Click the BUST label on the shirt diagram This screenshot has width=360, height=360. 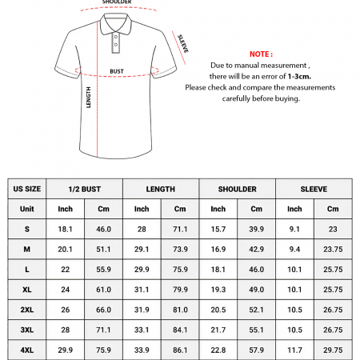pos(117,71)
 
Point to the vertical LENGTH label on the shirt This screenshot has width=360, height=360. pos(89,97)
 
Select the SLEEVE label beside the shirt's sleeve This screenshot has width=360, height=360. pos(183,43)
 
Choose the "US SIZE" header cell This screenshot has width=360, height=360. pos(27,190)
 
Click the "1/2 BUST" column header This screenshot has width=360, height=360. pos(84,190)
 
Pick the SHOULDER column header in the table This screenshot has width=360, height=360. pos(238,190)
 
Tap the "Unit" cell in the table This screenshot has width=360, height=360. pos(27,210)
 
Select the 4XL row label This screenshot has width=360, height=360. pos(27,350)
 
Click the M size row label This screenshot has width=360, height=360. pos(27,249)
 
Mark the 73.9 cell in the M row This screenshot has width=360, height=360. pos(180,249)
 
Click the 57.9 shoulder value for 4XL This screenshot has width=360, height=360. pos(256,350)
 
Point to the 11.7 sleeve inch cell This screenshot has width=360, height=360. pos(294,350)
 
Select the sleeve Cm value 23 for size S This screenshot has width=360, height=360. pos(333,230)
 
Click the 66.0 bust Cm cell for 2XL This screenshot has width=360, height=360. pos(103,310)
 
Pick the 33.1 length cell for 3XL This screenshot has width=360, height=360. pos(142,330)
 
